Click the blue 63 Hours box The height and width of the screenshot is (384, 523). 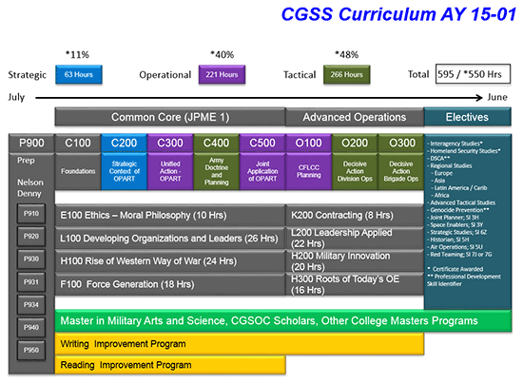point(79,74)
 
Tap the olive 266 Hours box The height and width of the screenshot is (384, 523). point(348,74)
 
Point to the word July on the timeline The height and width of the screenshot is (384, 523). point(16,97)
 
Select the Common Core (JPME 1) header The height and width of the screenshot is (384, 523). point(169,117)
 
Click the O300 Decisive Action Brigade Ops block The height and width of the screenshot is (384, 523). point(399,162)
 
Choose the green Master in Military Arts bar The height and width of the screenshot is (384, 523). point(238,321)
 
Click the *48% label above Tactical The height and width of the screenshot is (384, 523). point(348,53)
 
